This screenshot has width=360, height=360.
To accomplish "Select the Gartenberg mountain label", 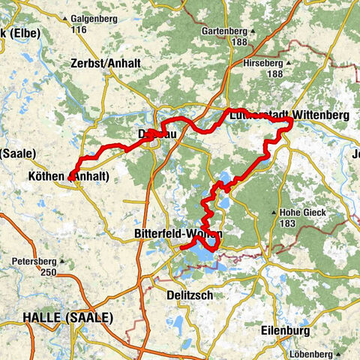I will coord(224,31).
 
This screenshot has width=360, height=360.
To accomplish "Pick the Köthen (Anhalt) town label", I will coord(72,177).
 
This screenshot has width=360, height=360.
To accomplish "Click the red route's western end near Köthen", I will coord(70,178).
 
